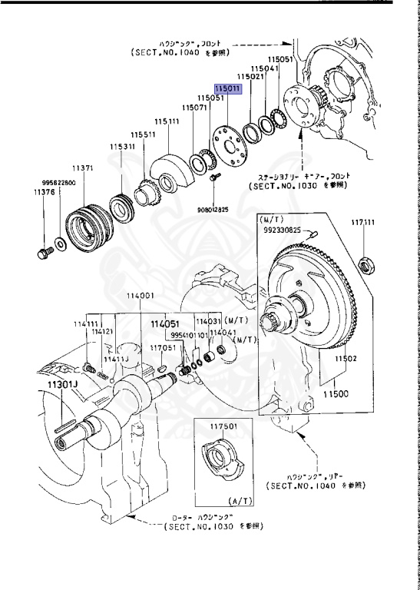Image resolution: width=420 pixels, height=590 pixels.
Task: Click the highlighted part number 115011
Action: point(229,89)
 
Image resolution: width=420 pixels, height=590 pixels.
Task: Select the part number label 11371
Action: point(83,167)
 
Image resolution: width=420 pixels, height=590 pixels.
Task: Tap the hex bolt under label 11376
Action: point(42,252)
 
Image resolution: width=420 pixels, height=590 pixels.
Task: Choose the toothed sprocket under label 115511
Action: point(145,189)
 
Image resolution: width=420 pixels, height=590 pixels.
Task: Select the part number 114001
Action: point(141,296)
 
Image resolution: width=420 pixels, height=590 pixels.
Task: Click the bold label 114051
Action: point(164,324)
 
